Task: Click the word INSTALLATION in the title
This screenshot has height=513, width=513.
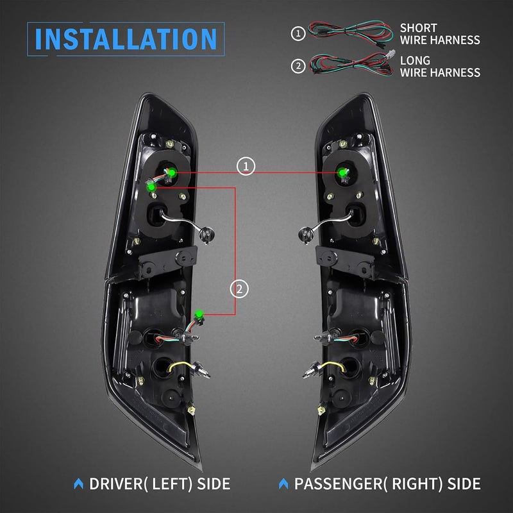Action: click(x=126, y=39)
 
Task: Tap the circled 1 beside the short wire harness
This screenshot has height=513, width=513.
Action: click(x=298, y=33)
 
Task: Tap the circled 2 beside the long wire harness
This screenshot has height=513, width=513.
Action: click(x=298, y=66)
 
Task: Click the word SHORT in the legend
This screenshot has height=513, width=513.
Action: click(x=419, y=28)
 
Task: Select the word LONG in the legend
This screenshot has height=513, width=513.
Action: click(x=415, y=60)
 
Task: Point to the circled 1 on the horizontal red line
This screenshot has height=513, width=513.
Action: click(x=246, y=166)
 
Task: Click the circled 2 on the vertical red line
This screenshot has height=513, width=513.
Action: click(x=239, y=289)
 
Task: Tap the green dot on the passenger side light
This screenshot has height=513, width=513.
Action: click(x=342, y=172)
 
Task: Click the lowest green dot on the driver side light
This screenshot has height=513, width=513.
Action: click(x=198, y=314)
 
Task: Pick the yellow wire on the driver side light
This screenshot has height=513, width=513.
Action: click(x=180, y=366)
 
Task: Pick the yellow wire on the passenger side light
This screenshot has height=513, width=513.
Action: click(x=333, y=366)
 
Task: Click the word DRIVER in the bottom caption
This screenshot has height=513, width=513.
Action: click(x=116, y=484)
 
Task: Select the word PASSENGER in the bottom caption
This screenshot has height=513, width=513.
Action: click(x=338, y=484)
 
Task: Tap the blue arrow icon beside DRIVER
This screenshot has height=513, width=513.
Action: click(x=78, y=484)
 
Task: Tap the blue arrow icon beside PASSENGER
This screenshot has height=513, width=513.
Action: click(x=283, y=484)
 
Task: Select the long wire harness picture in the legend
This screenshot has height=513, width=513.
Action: click(x=352, y=63)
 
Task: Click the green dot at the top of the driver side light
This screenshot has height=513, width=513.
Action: click(x=171, y=172)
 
